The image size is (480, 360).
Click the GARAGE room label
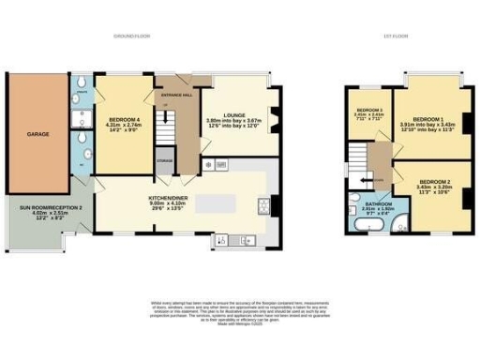click(x=37, y=134)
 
